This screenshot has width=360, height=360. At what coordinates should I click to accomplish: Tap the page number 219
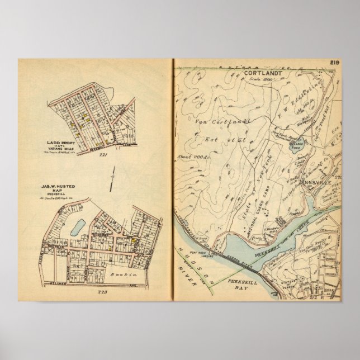(335, 62)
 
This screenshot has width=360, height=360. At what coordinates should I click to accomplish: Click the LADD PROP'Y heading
(60, 144)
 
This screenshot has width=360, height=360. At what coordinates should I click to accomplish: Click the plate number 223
(101, 292)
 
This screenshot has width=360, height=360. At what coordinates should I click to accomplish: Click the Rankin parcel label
(117, 274)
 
